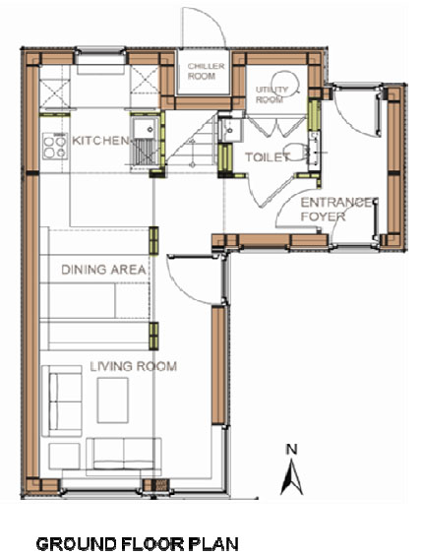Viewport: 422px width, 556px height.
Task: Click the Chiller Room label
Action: [x=202, y=71]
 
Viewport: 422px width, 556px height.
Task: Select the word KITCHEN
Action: [x=101, y=141]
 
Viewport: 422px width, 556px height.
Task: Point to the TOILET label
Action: [x=268, y=156]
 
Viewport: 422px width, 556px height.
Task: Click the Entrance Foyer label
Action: [x=336, y=210]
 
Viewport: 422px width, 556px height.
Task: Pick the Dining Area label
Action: [x=103, y=270]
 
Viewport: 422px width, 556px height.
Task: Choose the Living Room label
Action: [x=133, y=366]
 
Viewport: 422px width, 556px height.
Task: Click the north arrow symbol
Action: [x=291, y=476]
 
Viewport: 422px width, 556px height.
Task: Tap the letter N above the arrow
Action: [x=291, y=450]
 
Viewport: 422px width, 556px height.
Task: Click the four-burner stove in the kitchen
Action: [x=55, y=146]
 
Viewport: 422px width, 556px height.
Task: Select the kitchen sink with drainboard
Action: [x=145, y=142]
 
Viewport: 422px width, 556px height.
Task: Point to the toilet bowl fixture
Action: [x=296, y=152]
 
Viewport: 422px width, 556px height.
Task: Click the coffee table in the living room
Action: [x=113, y=400]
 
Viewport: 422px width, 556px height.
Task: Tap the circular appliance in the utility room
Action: [x=285, y=84]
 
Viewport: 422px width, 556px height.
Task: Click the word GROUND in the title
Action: [x=77, y=544]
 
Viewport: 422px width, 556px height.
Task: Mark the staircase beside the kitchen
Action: [x=192, y=142]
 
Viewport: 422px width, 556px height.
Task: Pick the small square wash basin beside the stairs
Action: [x=230, y=130]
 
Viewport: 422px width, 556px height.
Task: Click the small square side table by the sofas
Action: [x=64, y=456]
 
